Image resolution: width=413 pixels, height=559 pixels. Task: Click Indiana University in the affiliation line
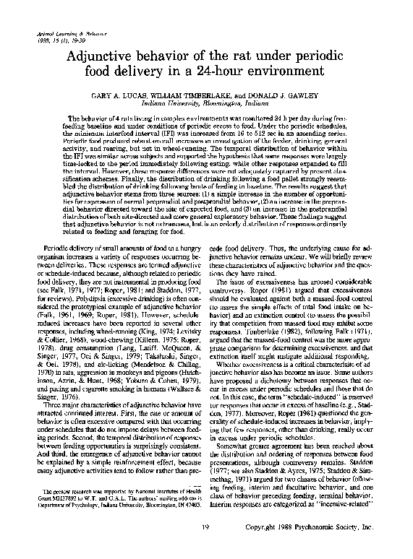(x=184, y=103)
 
